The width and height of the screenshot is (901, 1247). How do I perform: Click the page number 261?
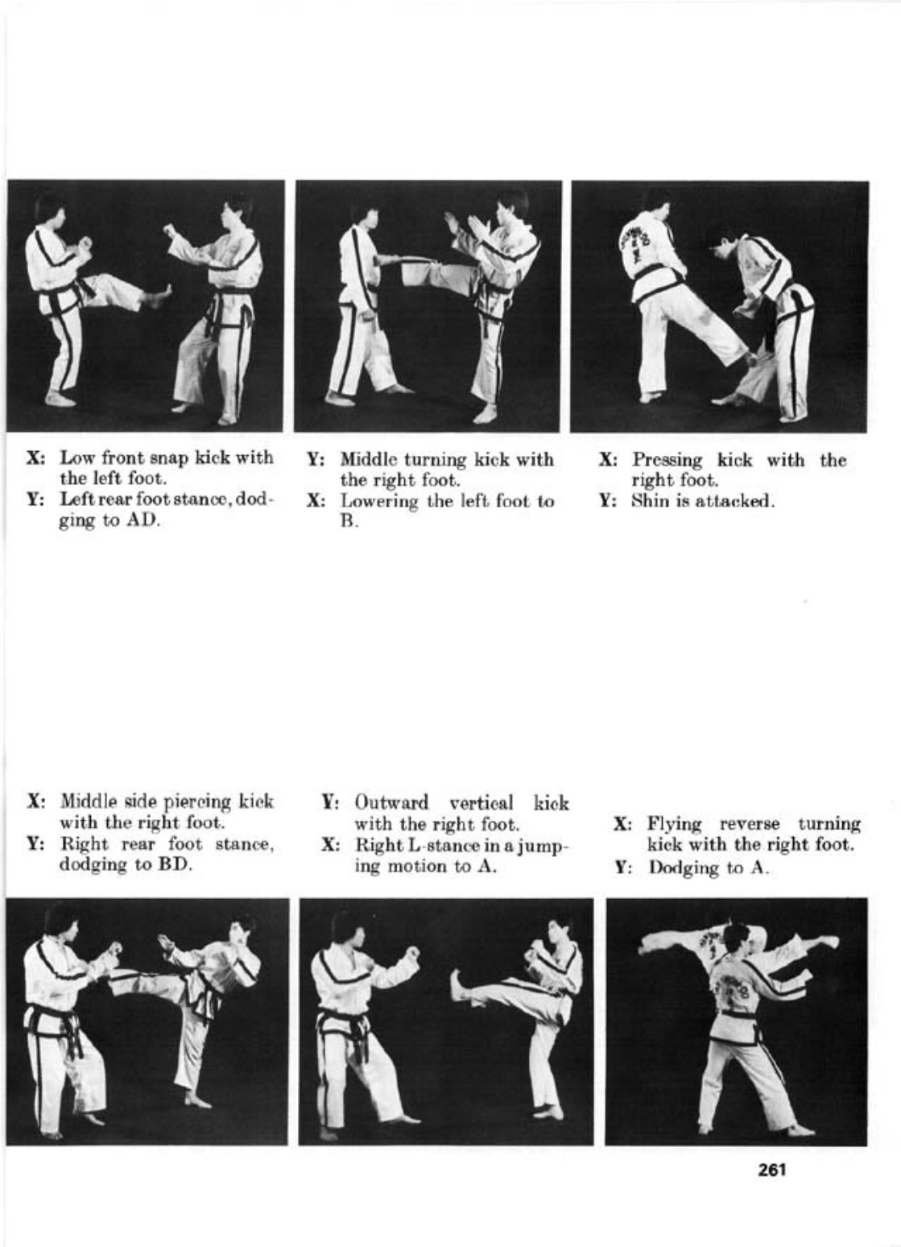pos(771,1170)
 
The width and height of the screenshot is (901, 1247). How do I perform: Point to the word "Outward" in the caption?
pos(392,803)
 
